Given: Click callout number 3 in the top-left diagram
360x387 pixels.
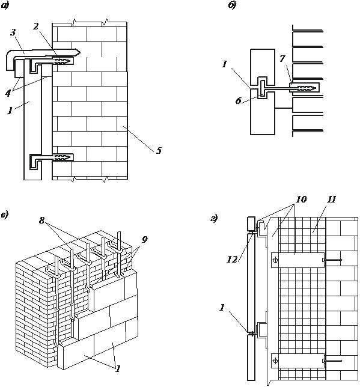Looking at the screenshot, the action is pos(13,32).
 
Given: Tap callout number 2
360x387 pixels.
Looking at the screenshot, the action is pos(36,26).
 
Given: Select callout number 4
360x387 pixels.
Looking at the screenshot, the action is pos(8,93).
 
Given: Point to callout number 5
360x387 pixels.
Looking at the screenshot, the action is pos(159,150).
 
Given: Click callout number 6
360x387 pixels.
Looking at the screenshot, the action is pos(238,101).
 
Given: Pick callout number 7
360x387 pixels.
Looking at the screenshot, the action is pos(282,59).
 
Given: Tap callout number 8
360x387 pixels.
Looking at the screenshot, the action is pos(41,220).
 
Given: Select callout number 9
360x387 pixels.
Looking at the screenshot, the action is pos(145,239).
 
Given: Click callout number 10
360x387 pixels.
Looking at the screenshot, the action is pos(301,199).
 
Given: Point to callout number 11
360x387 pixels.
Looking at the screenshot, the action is pos(331,199).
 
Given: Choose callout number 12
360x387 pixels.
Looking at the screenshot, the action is pos(232,259).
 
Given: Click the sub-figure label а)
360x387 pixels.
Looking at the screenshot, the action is pos(4,6).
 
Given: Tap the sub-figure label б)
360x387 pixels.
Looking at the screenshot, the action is pos(232,5).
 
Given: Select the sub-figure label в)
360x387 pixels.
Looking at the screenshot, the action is pos(4,215).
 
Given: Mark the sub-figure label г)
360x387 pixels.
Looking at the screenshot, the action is pos(214,218).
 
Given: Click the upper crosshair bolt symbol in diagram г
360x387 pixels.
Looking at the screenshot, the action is pos(275,260).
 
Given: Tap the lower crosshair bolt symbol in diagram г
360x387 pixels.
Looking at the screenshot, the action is pos(275,361).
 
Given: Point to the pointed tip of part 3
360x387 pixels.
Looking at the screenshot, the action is pos(81,52).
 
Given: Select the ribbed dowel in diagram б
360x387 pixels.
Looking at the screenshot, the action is pos(307,88).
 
